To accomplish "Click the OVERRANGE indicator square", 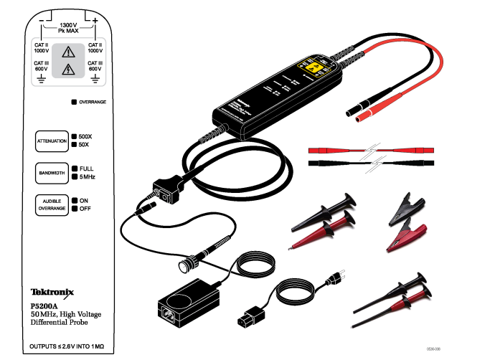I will (74, 103).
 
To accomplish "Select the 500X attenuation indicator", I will (74, 136).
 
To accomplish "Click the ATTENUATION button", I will (52, 141).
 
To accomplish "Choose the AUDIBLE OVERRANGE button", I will (52, 204).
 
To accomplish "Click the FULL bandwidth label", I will (86, 168).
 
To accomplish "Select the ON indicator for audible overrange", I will (74, 200).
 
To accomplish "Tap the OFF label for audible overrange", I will (84, 209).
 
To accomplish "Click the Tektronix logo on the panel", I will (52, 293).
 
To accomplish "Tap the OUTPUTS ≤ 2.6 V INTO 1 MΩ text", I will (67, 346).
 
